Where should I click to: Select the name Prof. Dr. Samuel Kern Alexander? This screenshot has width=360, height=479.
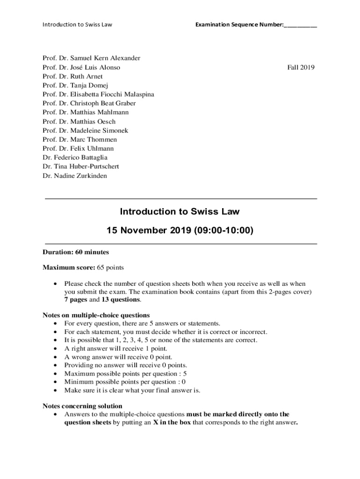[x=91, y=58]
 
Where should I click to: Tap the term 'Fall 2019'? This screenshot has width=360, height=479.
[x=301, y=67]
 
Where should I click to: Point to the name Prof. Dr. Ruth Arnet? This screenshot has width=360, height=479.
[x=72, y=76]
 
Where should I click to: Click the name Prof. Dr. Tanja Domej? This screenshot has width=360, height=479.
[x=75, y=85]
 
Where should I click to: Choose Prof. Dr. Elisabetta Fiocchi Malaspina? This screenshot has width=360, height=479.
[x=98, y=94]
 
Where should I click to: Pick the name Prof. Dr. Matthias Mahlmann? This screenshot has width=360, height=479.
[x=86, y=112]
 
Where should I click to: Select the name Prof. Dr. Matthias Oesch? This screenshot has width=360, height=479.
[x=79, y=122]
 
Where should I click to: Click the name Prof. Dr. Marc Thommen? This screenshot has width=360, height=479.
[x=79, y=139]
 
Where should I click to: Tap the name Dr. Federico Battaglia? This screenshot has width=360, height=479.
[x=75, y=158]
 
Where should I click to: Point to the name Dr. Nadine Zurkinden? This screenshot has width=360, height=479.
[x=74, y=176]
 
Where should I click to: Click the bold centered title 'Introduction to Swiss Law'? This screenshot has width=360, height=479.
[x=180, y=211]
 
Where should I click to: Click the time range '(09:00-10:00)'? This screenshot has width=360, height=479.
[x=221, y=231]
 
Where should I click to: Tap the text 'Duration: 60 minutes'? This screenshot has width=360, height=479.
[x=76, y=252]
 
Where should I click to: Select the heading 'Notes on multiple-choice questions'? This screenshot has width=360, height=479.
[x=96, y=315]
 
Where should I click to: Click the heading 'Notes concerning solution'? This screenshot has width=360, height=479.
[x=82, y=406]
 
